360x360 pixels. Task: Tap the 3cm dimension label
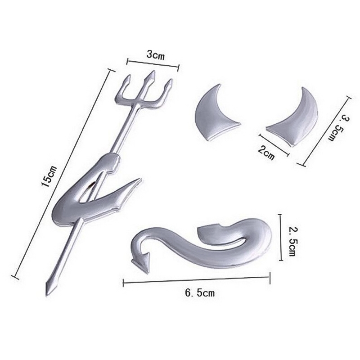point(156,55)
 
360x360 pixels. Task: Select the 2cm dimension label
point(266,153)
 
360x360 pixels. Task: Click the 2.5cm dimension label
point(292,242)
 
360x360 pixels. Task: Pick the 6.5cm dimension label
point(200,293)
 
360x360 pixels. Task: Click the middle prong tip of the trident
point(152,71)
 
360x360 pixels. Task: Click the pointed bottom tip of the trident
point(47,297)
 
